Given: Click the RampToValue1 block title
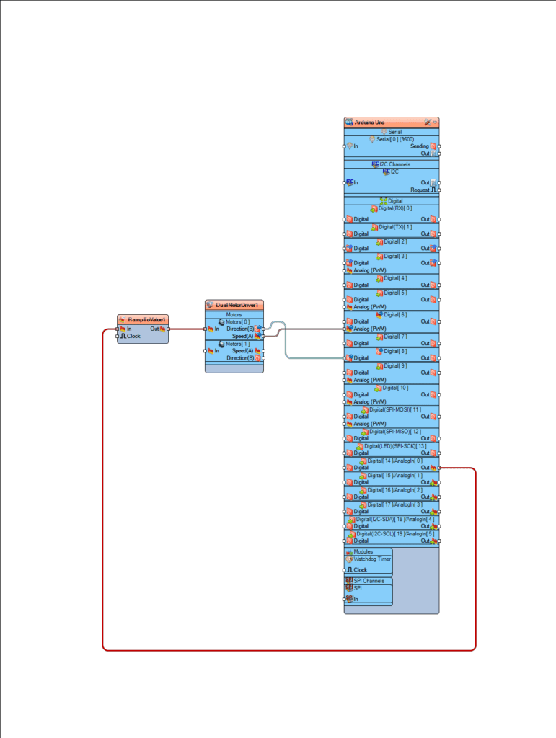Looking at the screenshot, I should [147, 319].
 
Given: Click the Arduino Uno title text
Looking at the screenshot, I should [369, 123].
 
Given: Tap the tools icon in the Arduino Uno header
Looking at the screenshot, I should [427, 123].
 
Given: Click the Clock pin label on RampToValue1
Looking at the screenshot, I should [133, 336].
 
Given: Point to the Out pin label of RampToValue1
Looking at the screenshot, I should [154, 329].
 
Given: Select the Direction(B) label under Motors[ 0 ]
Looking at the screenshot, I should [239, 329].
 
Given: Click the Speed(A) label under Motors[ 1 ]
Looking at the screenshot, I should [242, 351].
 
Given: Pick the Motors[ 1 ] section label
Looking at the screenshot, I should [238, 344].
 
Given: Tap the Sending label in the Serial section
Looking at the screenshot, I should [419, 146].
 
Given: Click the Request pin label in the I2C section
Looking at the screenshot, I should [420, 190].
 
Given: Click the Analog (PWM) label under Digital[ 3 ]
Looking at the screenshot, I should [369, 270].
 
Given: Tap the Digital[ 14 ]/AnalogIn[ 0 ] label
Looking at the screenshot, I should [395, 461].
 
